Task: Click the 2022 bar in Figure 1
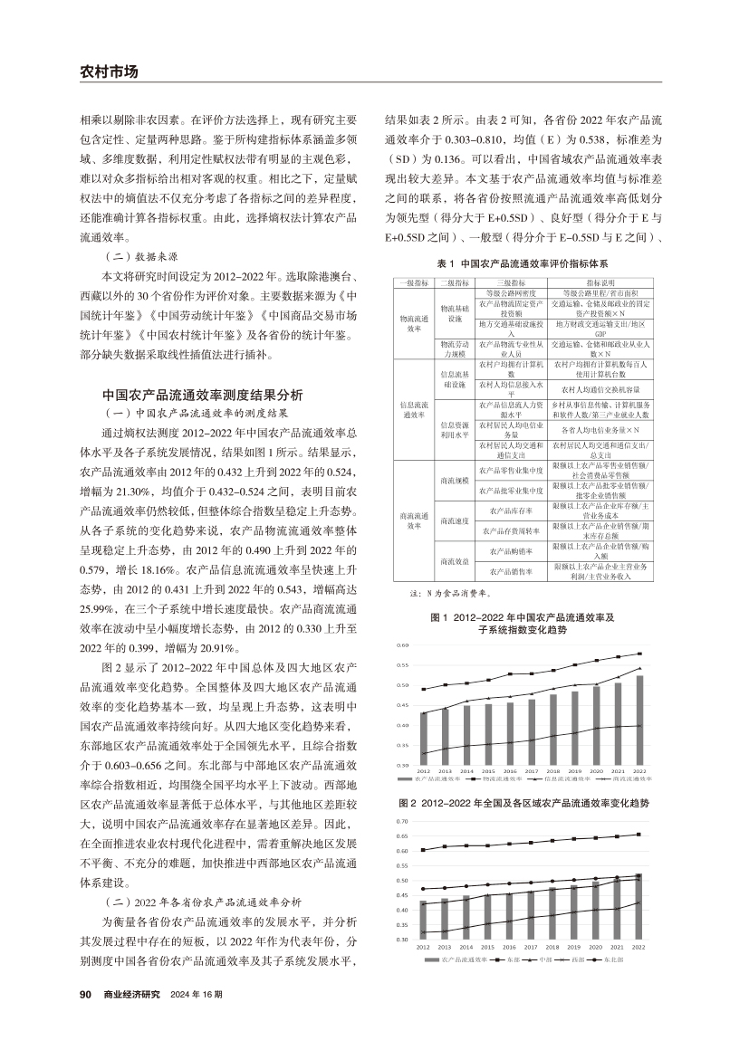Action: coord(640,721)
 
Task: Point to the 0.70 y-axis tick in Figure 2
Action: coord(403,821)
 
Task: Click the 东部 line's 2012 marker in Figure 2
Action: coord(423,850)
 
